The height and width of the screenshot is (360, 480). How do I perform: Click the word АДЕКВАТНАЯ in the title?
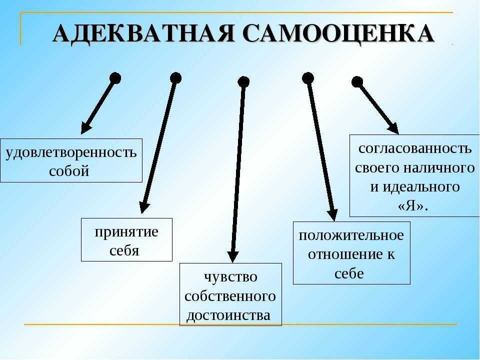click(143, 33)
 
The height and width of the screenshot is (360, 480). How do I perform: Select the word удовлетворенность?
click(71, 152)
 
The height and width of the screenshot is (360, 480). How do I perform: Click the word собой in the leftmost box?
click(69, 170)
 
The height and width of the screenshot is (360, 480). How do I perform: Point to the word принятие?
click(126, 232)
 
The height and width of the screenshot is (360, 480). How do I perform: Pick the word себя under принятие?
click(124, 250)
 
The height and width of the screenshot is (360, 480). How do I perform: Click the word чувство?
click(230, 277)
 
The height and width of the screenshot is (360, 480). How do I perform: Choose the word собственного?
click(230, 296)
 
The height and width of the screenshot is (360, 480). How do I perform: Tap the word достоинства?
click(228, 315)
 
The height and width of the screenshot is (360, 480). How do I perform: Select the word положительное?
click(351, 235)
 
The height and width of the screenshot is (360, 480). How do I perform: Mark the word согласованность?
click(415, 148)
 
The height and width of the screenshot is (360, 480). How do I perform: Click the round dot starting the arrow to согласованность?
click(357, 82)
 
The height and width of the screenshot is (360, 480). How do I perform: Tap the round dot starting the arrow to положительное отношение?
click(308, 78)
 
